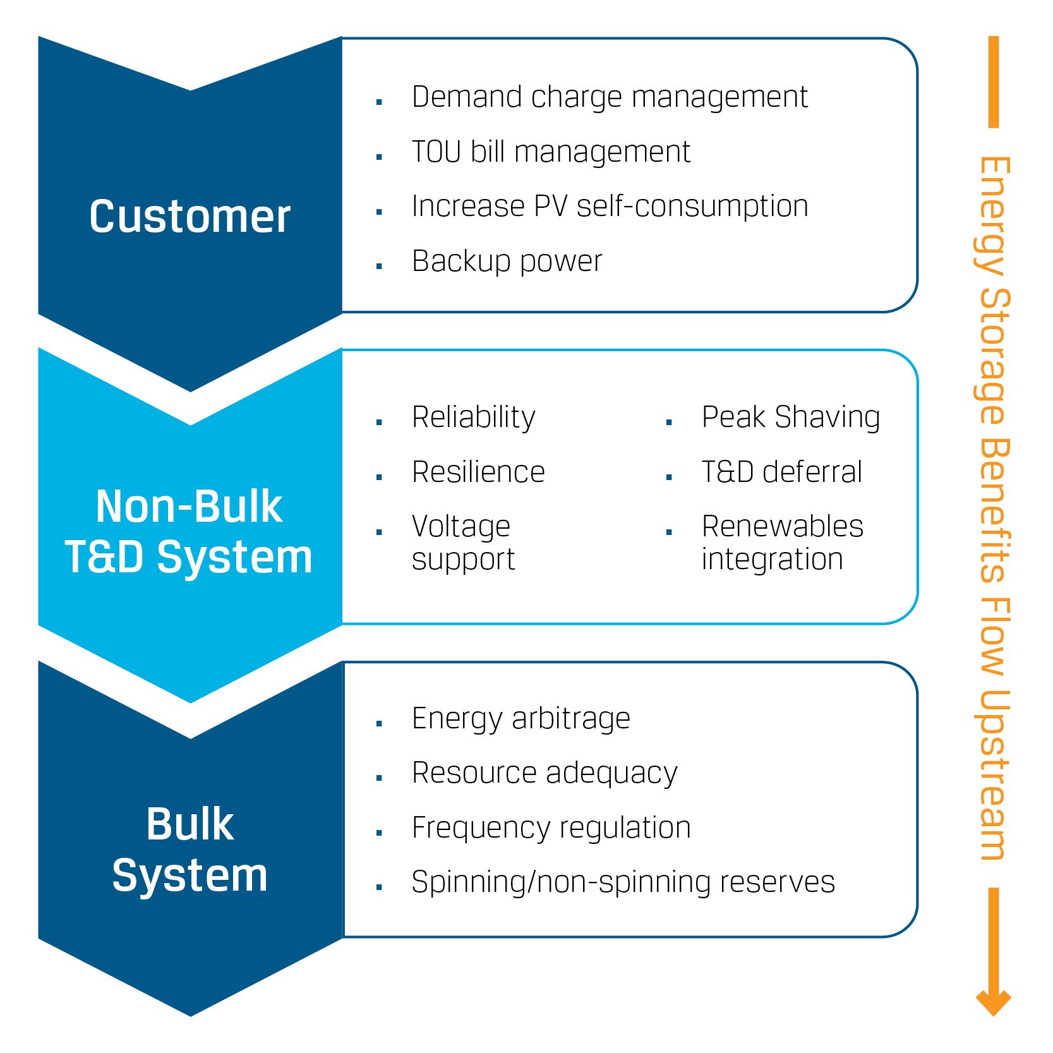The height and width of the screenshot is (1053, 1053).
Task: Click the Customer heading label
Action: pos(190,217)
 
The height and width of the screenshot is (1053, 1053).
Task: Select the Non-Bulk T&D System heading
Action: pos(189,532)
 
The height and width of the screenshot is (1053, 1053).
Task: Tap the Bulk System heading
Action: pos(190,850)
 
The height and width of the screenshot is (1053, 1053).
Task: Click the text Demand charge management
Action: pos(609,97)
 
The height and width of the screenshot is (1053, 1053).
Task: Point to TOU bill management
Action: pos(551,152)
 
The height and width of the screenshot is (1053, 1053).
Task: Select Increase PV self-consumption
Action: pos(610,207)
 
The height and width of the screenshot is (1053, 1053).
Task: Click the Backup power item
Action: pos(507,261)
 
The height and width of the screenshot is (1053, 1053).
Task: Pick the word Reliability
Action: pos(473,418)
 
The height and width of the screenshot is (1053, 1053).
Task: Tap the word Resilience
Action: pos(478,472)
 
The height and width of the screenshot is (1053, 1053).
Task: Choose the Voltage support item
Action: pos(463,543)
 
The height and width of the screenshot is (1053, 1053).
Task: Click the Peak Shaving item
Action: pos(791,418)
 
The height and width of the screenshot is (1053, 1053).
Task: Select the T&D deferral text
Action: pos(782,472)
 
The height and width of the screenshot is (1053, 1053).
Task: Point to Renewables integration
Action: pos(782,543)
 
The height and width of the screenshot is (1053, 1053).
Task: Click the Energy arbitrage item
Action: pos(520,719)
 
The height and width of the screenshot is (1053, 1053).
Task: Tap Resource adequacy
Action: pos(545,773)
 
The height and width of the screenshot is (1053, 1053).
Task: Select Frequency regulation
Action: pos(551,828)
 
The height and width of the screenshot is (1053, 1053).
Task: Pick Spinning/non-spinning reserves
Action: pos(623,882)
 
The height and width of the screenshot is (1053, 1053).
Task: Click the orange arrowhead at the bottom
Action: pos(994,1001)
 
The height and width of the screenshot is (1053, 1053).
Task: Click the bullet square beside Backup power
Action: pos(379,266)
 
